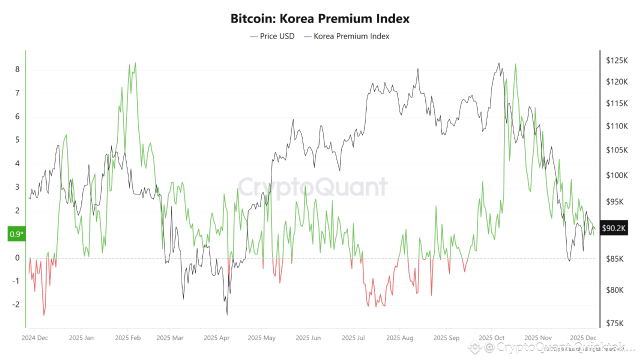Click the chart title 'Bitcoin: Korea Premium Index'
320,19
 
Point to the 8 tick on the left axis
17,69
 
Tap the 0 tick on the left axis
17,258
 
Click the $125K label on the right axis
616,60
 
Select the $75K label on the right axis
614,323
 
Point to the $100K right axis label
616,175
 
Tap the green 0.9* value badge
16,233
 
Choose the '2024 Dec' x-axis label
35,338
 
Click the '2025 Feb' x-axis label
127,338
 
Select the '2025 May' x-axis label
261,338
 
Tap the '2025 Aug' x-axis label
400,338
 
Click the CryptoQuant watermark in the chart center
312,187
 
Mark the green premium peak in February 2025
135,63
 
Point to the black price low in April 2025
227,314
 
